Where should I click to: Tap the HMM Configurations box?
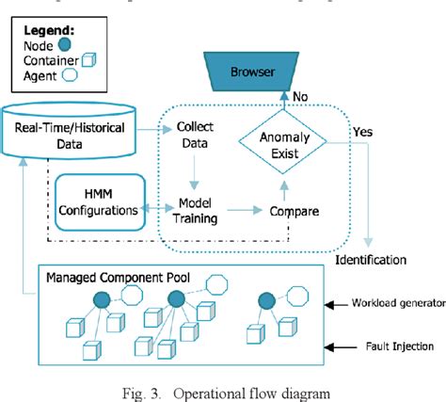(98, 200)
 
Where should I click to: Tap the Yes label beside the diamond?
(362, 133)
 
